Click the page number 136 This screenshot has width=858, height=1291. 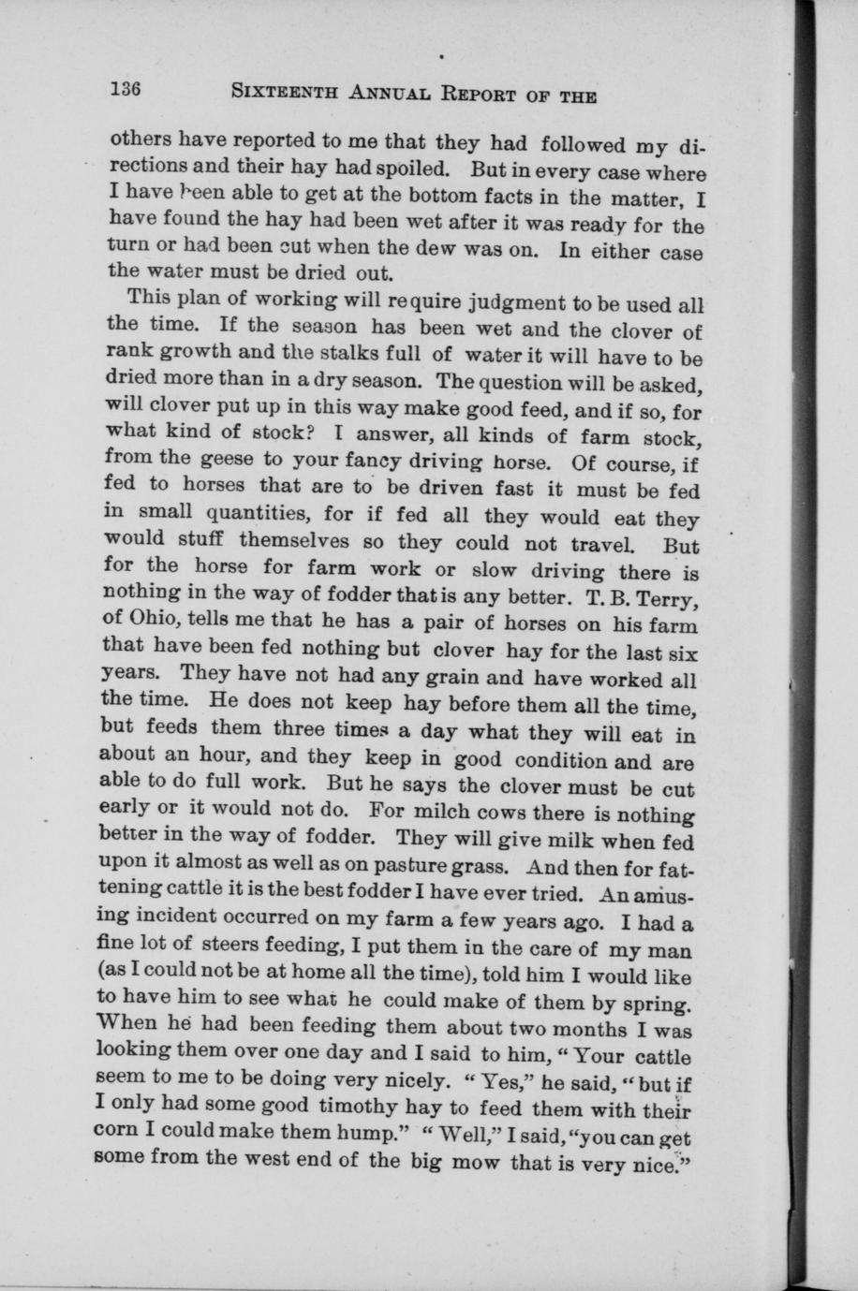[125, 89]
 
